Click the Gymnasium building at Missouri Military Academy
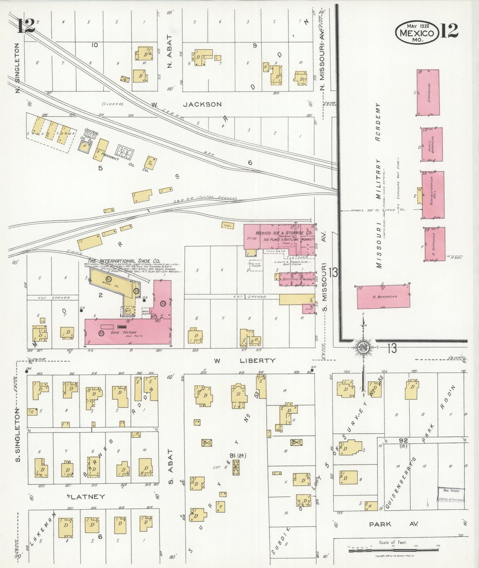(x=428, y=92)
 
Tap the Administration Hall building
(x=433, y=195)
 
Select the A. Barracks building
(x=383, y=297)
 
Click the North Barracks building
(x=432, y=144)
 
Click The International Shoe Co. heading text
(x=124, y=261)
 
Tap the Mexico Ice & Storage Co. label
(x=279, y=233)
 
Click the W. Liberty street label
(x=245, y=361)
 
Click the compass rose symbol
(x=363, y=347)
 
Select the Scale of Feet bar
(x=393, y=551)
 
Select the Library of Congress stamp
(x=451, y=496)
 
